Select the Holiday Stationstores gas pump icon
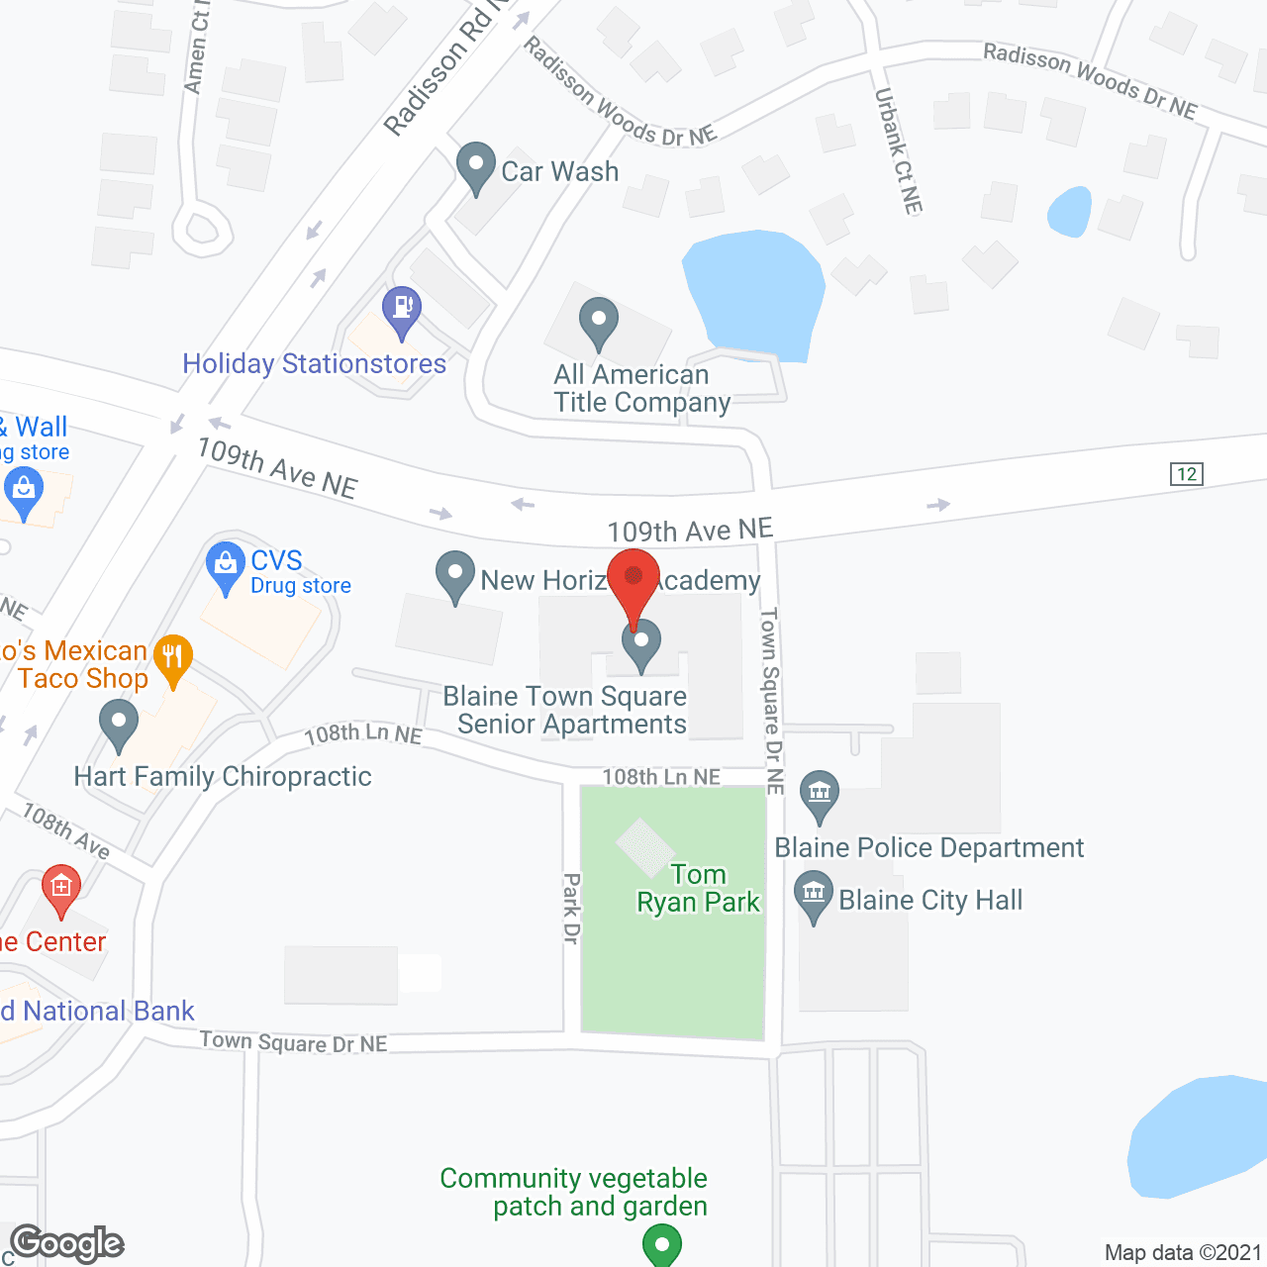pos(402,310)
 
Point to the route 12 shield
pos(1186,473)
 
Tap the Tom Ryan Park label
pos(698,888)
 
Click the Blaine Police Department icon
pos(820,795)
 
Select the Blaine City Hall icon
pos(814,895)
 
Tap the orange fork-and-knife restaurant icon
pos(174,657)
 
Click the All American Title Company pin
pos(599,322)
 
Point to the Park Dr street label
pos(571,908)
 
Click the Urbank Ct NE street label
pos(898,150)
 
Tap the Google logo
pos(67,1243)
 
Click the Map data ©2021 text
pos(1183,1252)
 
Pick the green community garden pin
pos(662,1244)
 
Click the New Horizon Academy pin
pos(455,575)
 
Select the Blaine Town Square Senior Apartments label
pos(565,710)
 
